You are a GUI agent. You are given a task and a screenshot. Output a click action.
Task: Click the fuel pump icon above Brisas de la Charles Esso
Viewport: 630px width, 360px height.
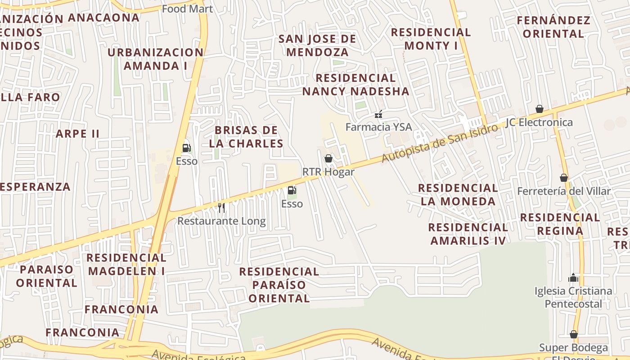pyautogui.click(x=186, y=148)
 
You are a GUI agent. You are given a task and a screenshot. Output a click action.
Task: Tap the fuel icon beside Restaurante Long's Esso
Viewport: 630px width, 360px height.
pyautogui.click(x=292, y=190)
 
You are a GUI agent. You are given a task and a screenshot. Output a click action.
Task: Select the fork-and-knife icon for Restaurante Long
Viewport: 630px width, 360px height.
pyautogui.click(x=221, y=207)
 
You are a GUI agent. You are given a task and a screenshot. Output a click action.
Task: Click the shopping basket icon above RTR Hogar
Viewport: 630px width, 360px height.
pyautogui.click(x=328, y=158)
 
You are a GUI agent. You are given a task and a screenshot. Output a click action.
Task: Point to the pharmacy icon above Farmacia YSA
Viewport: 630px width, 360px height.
pyautogui.click(x=378, y=114)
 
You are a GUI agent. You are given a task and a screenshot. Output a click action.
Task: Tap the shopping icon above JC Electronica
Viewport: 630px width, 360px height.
pyautogui.click(x=539, y=109)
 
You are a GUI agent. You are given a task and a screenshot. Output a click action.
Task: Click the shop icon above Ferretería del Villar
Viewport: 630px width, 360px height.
pyautogui.click(x=564, y=178)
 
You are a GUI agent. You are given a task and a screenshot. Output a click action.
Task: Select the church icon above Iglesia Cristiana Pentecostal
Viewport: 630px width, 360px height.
pyautogui.click(x=573, y=278)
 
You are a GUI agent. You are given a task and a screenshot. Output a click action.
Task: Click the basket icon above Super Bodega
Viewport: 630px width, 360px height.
pyautogui.click(x=573, y=334)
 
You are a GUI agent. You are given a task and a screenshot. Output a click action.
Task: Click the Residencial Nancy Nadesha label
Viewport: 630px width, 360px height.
pyautogui.click(x=355, y=85)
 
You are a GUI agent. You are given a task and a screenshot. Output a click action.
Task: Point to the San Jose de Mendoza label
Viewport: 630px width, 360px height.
pyautogui.click(x=317, y=45)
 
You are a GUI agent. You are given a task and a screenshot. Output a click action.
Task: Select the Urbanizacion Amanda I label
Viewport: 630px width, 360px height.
pyautogui.click(x=155, y=59)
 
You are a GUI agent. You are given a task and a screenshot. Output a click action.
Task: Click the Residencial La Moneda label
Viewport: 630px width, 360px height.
pyautogui.click(x=458, y=194)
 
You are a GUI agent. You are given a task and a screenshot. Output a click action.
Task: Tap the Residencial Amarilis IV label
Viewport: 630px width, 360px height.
pyautogui.click(x=468, y=234)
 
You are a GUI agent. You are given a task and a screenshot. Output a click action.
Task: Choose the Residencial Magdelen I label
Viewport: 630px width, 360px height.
pyautogui.click(x=126, y=264)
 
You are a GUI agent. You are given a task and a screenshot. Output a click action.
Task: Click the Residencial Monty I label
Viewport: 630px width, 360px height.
pyautogui.click(x=431, y=39)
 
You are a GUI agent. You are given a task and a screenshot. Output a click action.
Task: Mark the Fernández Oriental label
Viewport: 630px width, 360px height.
pyautogui.click(x=553, y=27)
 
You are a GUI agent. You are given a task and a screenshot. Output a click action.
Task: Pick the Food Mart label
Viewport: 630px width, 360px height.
pyautogui.click(x=187, y=9)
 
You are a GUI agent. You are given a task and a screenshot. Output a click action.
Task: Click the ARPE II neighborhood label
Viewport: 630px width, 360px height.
pyautogui.click(x=77, y=134)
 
